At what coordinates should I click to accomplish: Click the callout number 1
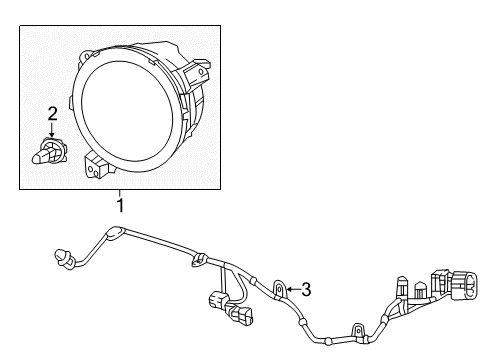click(120, 206)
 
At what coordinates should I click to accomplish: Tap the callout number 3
click(306, 290)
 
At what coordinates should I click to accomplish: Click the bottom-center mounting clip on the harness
click(355, 329)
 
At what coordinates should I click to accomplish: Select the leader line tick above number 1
click(120, 193)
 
